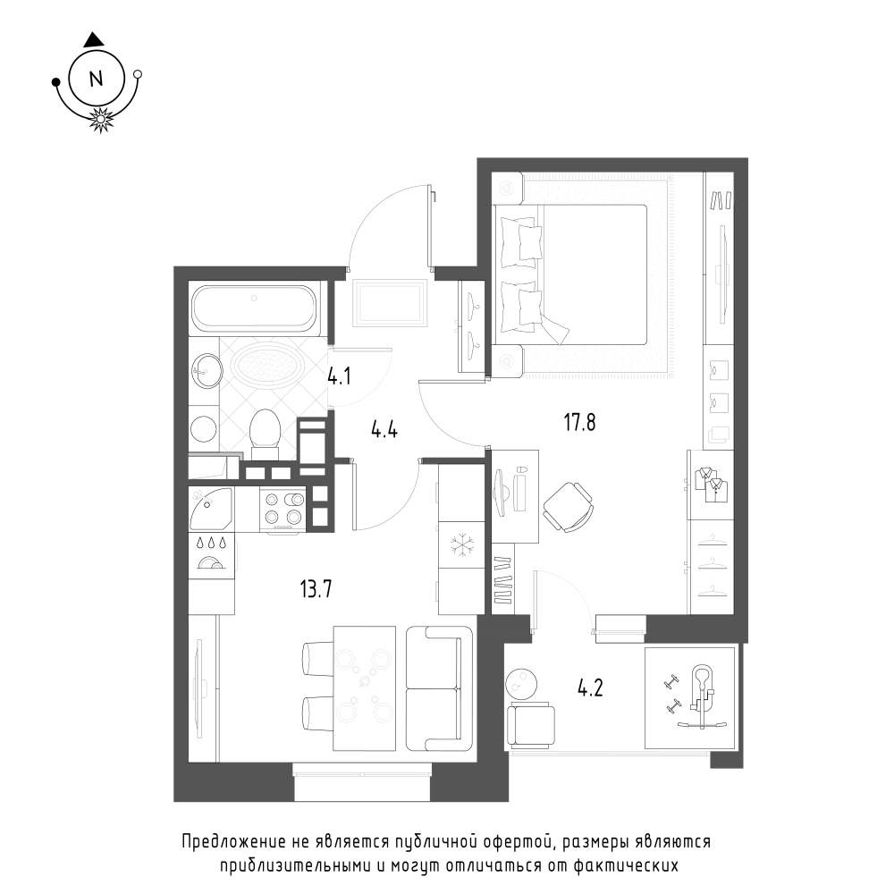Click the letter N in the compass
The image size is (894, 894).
click(96, 79)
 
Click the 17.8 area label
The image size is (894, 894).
click(580, 423)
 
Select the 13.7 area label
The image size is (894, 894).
click(316, 588)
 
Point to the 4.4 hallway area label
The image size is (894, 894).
click(384, 429)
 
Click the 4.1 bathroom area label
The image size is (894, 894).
click(339, 376)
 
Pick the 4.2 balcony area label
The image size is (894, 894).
click(590, 688)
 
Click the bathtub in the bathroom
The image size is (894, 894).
click(254, 308)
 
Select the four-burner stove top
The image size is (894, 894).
click(283, 509)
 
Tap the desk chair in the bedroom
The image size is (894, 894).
click(569, 507)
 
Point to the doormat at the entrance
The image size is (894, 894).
click(391, 303)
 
